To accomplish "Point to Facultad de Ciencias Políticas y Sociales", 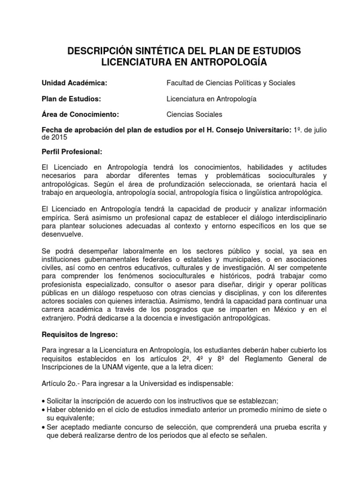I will (x=231, y=83).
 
